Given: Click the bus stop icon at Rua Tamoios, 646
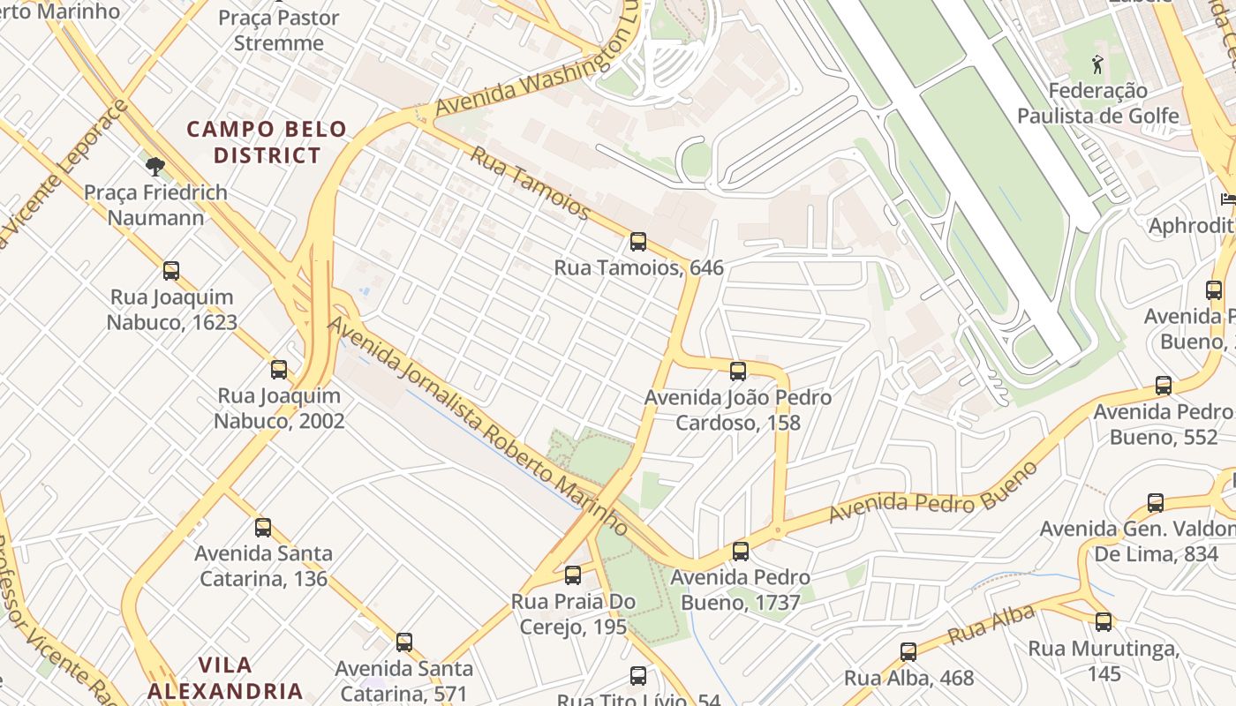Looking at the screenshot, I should pyautogui.click(x=637, y=241).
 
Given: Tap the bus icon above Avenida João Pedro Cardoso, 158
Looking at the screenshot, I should pyautogui.click(x=738, y=372).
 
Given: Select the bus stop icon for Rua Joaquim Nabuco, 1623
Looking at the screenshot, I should pyautogui.click(x=171, y=271).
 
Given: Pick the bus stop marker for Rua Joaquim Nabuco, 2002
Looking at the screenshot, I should pyautogui.click(x=279, y=370).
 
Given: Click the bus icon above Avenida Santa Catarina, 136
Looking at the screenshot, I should pyautogui.click(x=263, y=528).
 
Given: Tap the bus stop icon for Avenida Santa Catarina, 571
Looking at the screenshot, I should pyautogui.click(x=404, y=642).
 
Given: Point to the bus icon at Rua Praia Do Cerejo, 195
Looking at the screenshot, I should pyautogui.click(x=573, y=575).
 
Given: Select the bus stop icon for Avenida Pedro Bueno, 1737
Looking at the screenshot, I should pyautogui.click(x=741, y=552).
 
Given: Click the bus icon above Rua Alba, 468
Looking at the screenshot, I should pyautogui.click(x=908, y=652).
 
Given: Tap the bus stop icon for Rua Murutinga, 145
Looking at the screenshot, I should pyautogui.click(x=1104, y=622).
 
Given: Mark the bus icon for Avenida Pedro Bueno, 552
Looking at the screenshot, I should pyautogui.click(x=1164, y=386).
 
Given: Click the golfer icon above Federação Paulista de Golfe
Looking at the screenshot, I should pyautogui.click(x=1097, y=64).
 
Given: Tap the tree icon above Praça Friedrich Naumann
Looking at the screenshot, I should pyautogui.click(x=155, y=166).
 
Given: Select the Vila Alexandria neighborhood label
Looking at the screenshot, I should pyautogui.click(x=225, y=678).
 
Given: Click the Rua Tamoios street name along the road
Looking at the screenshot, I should pyautogui.click(x=529, y=183).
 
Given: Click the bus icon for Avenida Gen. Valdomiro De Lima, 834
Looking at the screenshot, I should pyautogui.click(x=1156, y=503).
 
